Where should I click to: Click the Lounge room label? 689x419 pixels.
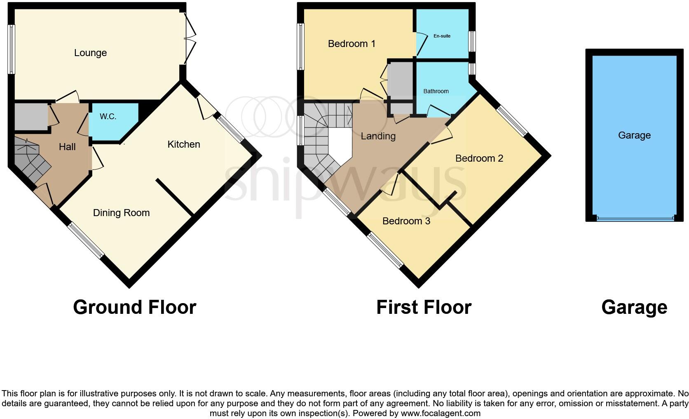[x=90, y=53]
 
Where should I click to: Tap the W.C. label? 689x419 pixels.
[x=108, y=117]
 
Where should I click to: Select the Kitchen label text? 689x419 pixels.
[x=184, y=144]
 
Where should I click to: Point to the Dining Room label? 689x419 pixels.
[x=121, y=213]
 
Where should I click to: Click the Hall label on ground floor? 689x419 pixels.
[x=67, y=147]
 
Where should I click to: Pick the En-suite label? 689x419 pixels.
[x=442, y=36]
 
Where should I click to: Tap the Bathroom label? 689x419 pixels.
[x=436, y=91]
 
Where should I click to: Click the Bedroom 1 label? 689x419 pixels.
[x=352, y=44]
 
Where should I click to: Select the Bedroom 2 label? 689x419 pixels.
[x=479, y=158]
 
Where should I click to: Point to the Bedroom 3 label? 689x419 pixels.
[x=406, y=221]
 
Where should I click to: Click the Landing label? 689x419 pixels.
[x=378, y=136]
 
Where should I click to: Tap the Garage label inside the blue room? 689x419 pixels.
[x=634, y=135]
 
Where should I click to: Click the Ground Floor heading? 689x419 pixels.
[x=134, y=308]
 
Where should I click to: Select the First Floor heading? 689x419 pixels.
[x=424, y=308]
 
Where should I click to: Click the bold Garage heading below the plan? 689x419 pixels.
[x=634, y=308]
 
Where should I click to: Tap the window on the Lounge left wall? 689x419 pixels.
[x=12, y=49]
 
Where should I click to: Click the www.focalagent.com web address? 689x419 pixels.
[x=441, y=413]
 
